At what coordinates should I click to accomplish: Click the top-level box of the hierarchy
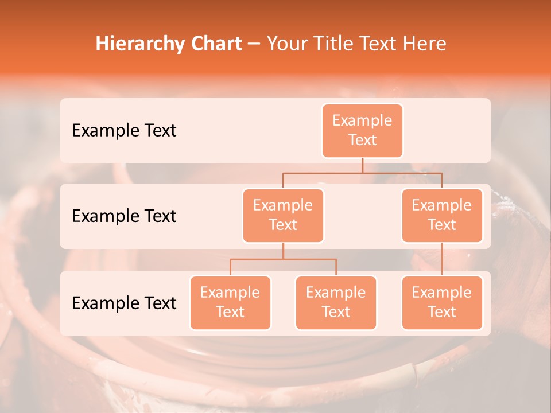point(362,130)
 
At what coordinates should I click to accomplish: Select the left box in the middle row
point(283,215)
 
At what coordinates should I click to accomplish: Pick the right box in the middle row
point(442,215)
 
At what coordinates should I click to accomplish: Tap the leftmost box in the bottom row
point(230,302)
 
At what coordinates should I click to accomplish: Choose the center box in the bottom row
point(336,302)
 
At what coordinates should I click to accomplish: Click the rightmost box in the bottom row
point(442,302)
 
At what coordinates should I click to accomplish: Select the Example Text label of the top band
point(124,131)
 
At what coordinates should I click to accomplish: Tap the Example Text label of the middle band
point(124,216)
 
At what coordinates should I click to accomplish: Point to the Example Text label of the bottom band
point(124,303)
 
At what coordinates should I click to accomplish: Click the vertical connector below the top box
point(362,165)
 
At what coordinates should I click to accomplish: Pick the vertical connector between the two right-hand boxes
point(442,259)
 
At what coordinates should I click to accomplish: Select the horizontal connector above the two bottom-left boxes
point(283,259)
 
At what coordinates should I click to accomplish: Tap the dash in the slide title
point(255,44)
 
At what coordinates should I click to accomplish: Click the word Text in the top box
point(362,140)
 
